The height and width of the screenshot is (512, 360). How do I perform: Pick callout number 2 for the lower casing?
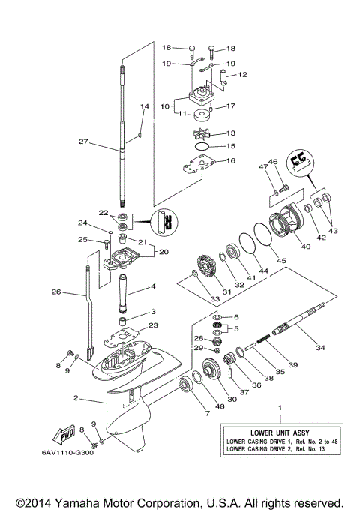coord(75,399)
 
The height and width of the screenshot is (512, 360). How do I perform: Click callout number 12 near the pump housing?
coord(243,75)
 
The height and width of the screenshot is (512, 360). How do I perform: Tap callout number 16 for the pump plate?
coord(230,160)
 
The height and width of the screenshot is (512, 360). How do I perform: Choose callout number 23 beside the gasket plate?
coord(154,325)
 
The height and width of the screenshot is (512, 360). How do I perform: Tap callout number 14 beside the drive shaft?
coord(145,107)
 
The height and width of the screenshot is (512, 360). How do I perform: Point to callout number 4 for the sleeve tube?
coord(153,286)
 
